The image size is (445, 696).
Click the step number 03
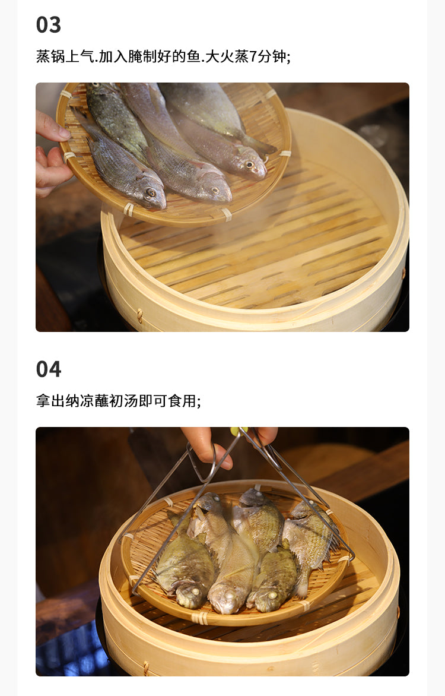click(x=49, y=25)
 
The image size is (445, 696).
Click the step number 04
click(x=49, y=369)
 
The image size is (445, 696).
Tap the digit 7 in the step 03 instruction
click(x=253, y=56)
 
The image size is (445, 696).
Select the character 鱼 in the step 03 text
click(x=193, y=56)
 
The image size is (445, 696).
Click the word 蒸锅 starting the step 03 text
click(x=50, y=56)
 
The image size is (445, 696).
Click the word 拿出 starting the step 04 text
click(x=50, y=401)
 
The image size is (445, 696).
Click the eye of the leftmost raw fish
click(x=151, y=193)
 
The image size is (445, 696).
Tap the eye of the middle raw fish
click(x=215, y=191)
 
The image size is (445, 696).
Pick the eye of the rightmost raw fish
click(x=250, y=166)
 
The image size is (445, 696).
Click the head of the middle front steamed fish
click(x=227, y=599)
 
